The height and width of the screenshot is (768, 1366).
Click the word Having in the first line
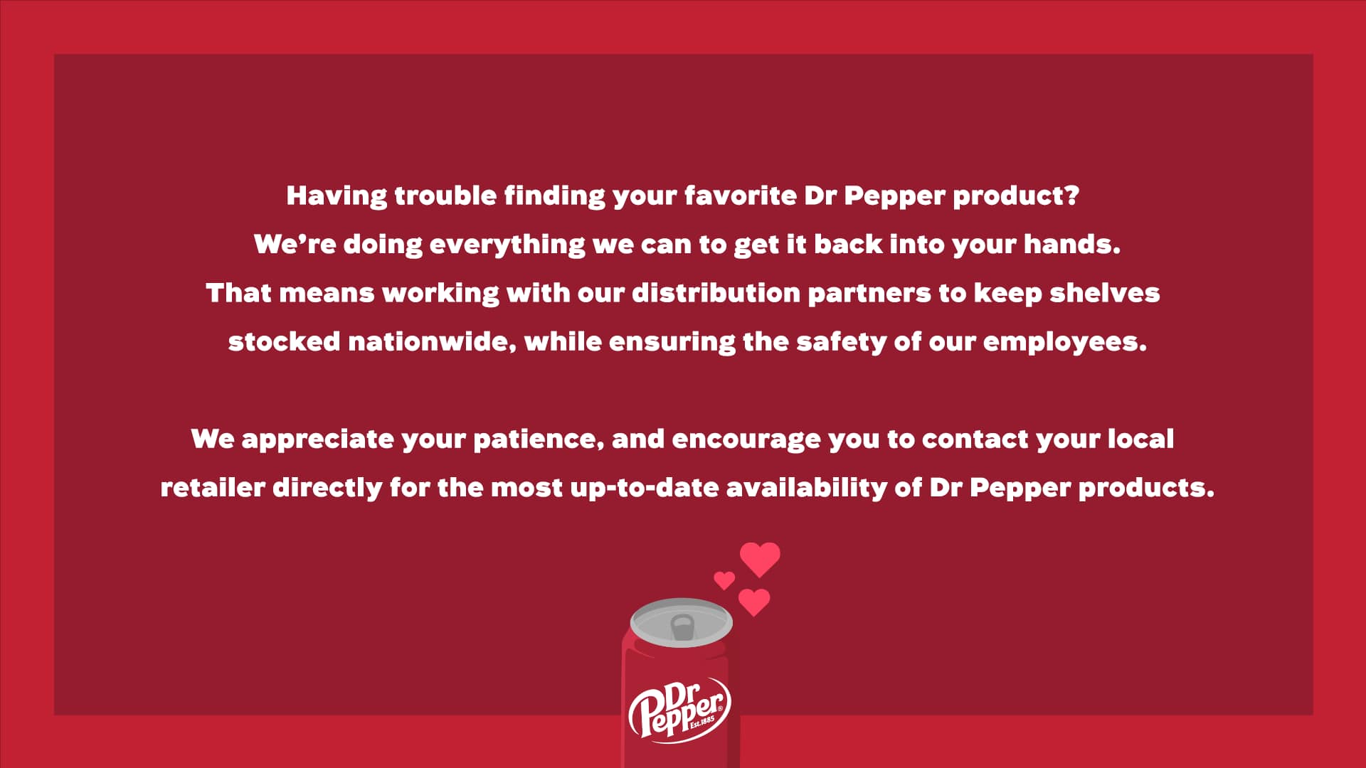coord(337,196)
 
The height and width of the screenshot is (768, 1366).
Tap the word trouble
coord(445,196)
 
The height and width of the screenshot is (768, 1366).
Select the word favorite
coord(740,196)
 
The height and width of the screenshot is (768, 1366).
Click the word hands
coord(1071,244)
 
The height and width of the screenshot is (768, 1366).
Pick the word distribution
coord(716,293)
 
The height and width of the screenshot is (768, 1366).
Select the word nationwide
coord(432,342)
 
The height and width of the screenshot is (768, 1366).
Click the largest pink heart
coord(760,559)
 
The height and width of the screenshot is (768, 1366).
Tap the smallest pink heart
coord(724,580)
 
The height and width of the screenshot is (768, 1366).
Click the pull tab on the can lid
coord(682,627)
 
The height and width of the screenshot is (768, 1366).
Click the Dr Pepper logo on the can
coord(679,711)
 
